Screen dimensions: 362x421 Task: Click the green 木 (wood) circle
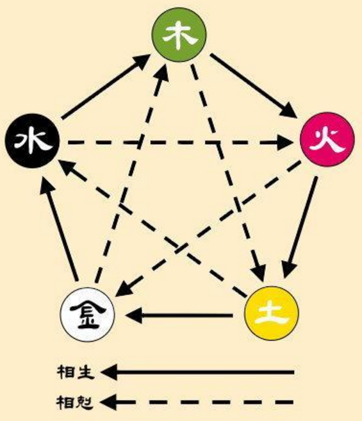point(179,35)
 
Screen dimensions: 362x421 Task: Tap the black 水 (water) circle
point(32,141)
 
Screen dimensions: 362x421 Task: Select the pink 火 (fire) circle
point(327,139)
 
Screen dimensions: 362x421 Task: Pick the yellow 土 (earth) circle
point(272,313)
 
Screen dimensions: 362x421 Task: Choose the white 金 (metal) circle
point(88,315)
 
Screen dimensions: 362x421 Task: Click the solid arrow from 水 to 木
point(106,87)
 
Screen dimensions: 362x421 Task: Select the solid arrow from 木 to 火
point(254,86)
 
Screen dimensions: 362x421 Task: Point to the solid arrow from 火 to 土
point(300,227)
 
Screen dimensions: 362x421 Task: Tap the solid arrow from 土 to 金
point(179,315)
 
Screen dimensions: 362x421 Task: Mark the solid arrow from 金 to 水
point(58,231)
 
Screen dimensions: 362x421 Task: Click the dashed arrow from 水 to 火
point(181,142)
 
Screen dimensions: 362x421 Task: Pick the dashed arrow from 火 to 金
point(208,229)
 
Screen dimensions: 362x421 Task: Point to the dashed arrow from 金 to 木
point(132,174)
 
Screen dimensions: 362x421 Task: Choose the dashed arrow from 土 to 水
point(152,229)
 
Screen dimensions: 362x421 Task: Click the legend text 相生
point(76,372)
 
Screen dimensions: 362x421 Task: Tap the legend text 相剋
point(75,402)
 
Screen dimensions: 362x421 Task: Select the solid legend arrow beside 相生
point(197,372)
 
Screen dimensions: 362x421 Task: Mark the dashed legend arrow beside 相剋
point(196,402)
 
